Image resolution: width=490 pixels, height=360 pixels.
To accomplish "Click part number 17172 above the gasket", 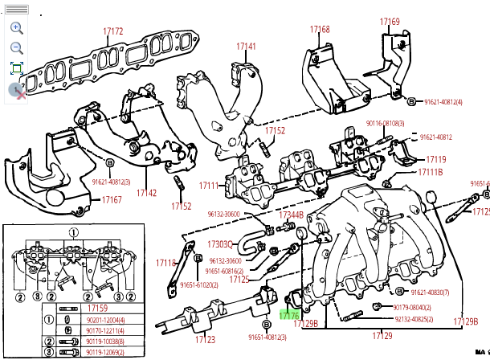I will [113, 31].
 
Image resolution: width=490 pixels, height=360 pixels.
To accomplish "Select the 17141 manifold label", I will [246, 47].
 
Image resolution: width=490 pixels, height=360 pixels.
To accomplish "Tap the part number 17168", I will [320, 30].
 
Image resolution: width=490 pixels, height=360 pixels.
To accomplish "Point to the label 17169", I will [390, 22].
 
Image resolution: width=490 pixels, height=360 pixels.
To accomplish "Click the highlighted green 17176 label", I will [289, 317].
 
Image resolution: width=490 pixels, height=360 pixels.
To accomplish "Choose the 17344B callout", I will [291, 215].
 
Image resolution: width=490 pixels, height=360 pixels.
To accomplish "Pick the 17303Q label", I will [219, 244].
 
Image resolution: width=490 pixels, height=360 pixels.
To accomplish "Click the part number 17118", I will [165, 263].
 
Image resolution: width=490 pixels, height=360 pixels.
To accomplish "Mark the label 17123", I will [206, 339].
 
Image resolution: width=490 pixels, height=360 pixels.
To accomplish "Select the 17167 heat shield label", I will [112, 200].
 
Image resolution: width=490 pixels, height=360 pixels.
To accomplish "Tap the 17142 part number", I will [146, 193].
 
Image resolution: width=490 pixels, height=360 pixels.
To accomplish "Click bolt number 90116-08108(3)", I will [386, 123].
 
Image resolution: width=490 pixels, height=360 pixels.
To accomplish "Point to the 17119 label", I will [436, 159].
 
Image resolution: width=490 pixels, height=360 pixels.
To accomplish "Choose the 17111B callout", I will [431, 172].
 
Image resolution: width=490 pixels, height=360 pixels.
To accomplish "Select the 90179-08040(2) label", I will [412, 308].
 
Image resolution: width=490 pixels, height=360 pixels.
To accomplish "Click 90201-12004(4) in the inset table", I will [104, 319].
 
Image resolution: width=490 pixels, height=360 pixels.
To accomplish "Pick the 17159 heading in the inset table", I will [98, 308].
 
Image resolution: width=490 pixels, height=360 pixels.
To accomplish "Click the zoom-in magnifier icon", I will [17, 27].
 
